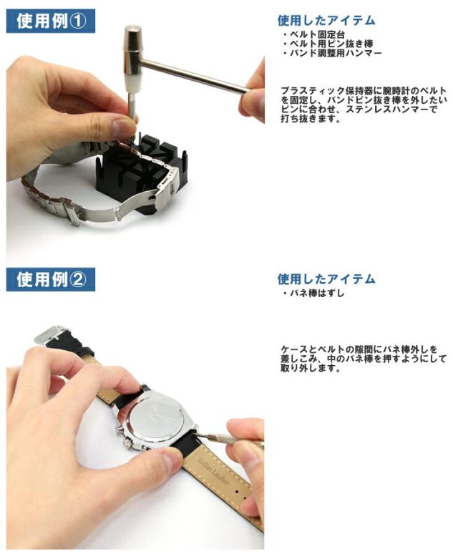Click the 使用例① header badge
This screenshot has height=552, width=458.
point(51,21)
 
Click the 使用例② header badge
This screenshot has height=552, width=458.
point(51,279)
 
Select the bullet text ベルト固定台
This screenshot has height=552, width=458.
point(313,34)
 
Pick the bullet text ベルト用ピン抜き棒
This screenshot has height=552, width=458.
point(328,44)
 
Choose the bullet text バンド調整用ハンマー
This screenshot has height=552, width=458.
point(332,53)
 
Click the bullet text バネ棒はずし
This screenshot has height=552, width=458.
point(313,294)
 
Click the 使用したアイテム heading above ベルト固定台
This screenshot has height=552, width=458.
point(326,21)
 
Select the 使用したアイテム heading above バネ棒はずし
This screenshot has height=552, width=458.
point(326,279)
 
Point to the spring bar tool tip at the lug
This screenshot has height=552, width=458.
point(198,430)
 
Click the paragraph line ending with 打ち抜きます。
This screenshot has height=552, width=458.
point(311,119)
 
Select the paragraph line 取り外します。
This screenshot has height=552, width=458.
point(311,369)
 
